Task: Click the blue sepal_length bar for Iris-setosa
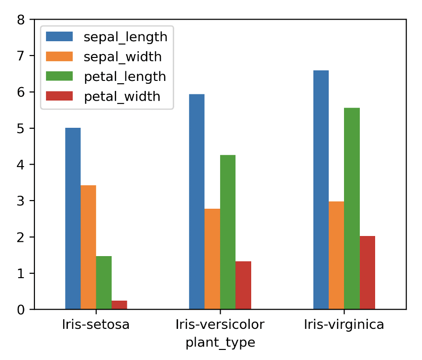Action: tap(73, 218)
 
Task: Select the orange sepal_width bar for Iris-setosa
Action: tap(88, 247)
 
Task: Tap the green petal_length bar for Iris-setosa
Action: tap(104, 282)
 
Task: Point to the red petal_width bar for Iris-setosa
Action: tap(119, 305)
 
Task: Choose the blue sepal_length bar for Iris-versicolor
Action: tap(197, 202)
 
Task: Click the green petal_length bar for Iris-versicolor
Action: tap(228, 232)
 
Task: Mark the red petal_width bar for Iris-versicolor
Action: tap(243, 285)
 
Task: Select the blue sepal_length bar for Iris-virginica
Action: tap(321, 190)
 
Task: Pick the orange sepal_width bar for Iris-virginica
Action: tap(336, 255)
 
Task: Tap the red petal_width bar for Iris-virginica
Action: tap(367, 272)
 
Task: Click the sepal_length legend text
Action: tap(125, 37)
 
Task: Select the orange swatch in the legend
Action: tap(59, 56)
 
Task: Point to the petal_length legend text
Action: tap(125, 77)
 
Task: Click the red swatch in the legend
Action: tap(59, 96)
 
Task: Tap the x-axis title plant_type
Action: tap(220, 343)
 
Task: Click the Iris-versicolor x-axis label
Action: tap(220, 325)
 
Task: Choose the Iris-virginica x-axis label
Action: tap(344, 325)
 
